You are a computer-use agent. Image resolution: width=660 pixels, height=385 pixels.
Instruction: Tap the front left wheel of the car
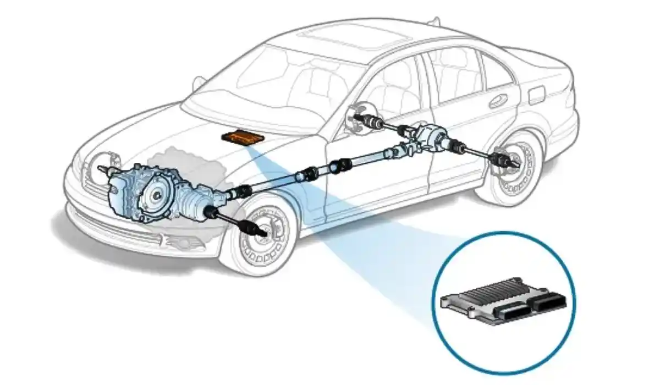tap(262, 235)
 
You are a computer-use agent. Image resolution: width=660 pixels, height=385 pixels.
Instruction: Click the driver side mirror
tap(199, 83)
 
